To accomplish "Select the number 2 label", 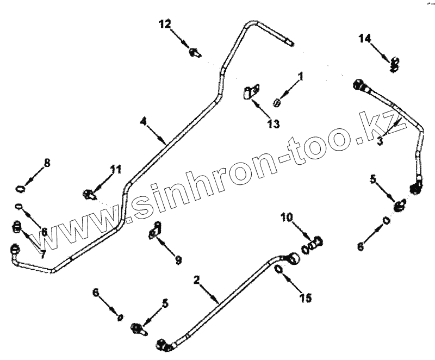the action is [x=197, y=280].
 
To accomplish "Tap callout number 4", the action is [x=144, y=121].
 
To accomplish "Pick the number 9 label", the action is [x=178, y=260].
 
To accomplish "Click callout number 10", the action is [x=287, y=219].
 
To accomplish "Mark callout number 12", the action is [x=165, y=23].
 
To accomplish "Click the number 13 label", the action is [x=274, y=124].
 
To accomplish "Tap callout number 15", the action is [x=306, y=297].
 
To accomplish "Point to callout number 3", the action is [x=381, y=141].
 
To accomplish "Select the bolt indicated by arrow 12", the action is [x=194, y=53].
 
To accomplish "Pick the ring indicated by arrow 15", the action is [x=278, y=270].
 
